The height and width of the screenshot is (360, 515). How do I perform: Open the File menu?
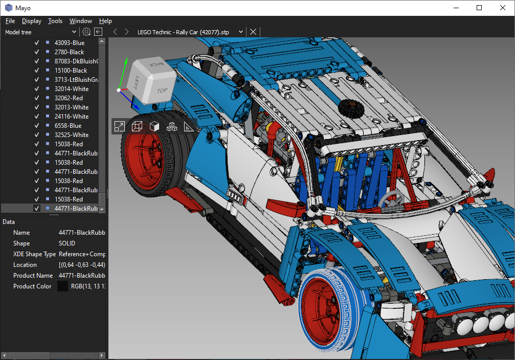coord(10,21)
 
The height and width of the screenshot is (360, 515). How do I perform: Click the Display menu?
coord(32,21)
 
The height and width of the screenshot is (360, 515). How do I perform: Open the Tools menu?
coord(55,21)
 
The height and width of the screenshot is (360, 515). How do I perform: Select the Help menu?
coord(105,21)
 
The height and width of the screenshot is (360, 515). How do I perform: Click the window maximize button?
coord(479,8)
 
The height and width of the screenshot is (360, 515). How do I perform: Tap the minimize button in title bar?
coord(456,8)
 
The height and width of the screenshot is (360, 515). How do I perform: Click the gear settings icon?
coord(86,32)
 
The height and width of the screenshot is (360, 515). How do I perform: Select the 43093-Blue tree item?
coord(70,43)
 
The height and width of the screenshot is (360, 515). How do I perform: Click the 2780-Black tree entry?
coord(70,52)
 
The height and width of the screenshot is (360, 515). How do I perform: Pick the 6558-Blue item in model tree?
coord(68,125)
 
